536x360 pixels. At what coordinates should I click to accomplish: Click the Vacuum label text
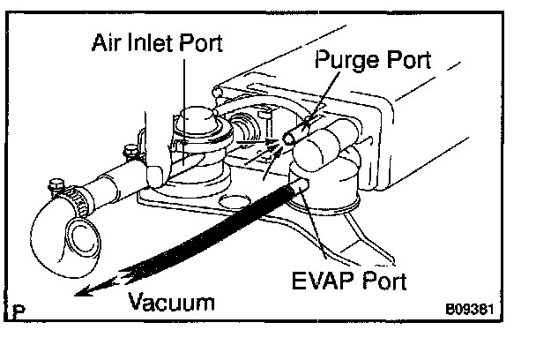pos(172,303)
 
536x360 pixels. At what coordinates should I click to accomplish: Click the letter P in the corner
pos(19,311)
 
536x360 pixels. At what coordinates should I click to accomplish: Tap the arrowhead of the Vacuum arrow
pos(80,293)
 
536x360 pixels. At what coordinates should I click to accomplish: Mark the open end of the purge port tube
pos(290,139)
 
